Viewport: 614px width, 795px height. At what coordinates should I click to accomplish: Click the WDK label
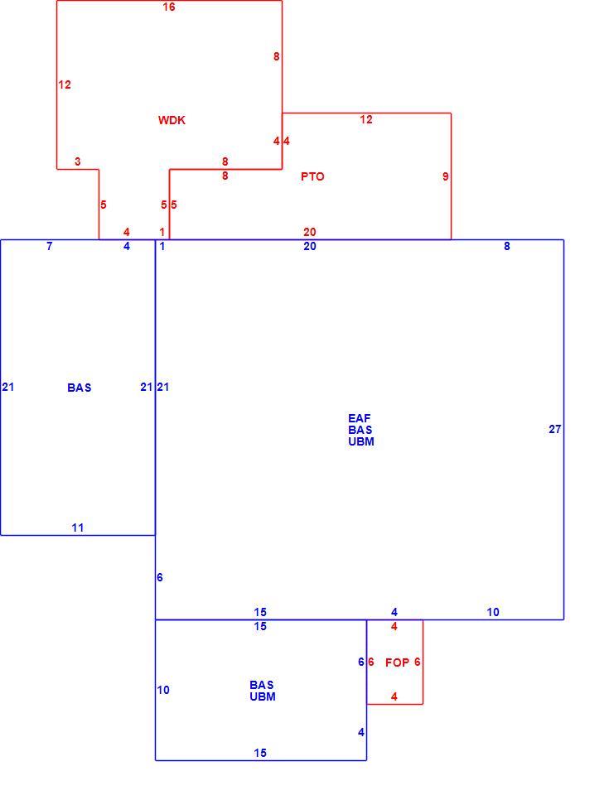(x=172, y=120)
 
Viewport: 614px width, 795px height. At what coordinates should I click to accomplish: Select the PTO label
(x=312, y=176)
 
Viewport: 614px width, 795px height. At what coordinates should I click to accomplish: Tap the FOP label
(x=397, y=662)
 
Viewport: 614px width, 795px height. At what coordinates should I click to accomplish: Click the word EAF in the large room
(x=360, y=418)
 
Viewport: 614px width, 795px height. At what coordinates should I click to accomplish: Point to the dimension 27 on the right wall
(x=555, y=429)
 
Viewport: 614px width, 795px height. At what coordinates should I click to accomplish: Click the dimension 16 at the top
(x=169, y=7)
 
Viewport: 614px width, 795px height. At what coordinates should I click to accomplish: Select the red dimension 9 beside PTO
(x=446, y=176)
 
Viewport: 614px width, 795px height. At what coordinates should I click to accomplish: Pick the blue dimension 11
(x=78, y=528)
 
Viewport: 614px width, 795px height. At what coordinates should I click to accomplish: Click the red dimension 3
(x=78, y=161)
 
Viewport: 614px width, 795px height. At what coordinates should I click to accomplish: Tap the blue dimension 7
(x=49, y=246)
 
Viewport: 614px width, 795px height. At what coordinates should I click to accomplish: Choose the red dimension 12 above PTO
(x=366, y=119)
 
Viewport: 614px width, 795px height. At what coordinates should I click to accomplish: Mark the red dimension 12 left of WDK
(x=65, y=84)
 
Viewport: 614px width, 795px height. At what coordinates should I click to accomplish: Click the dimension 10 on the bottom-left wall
(x=163, y=690)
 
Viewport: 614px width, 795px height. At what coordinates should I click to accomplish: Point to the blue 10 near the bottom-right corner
(x=493, y=612)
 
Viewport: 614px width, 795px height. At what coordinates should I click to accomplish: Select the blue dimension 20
(x=310, y=246)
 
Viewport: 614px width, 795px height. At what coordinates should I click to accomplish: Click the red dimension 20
(x=310, y=232)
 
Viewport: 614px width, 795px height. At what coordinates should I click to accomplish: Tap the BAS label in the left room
(x=80, y=388)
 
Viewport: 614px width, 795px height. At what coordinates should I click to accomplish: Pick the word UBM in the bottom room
(x=263, y=696)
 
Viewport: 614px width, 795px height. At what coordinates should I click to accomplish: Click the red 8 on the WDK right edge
(x=276, y=56)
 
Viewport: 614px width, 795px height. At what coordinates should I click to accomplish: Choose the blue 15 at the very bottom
(x=260, y=753)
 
